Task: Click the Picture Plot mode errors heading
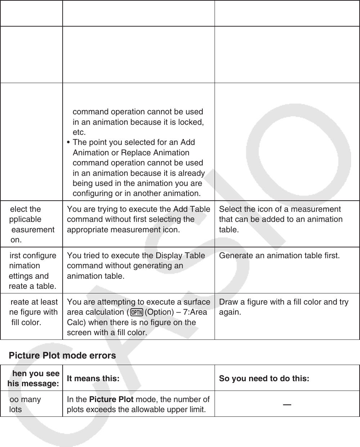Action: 62,356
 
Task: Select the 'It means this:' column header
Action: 93,379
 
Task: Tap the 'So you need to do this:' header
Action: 264,379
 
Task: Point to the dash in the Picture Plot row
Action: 287,405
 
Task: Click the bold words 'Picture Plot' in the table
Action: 111,400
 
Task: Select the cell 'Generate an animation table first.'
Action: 279,256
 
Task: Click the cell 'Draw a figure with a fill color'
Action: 284,307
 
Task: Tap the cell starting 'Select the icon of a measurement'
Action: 281,219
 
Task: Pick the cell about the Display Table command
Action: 136,266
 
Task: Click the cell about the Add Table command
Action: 139,219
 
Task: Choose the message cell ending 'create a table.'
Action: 32,271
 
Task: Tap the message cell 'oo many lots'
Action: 25,405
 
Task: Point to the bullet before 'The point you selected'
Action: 69,142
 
